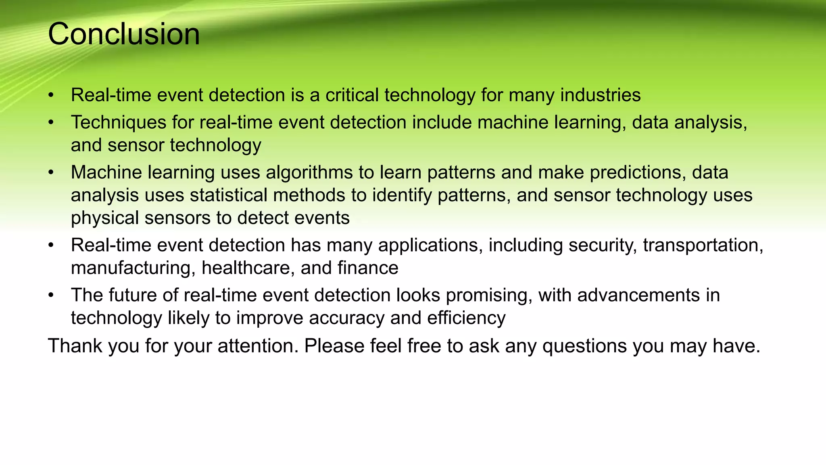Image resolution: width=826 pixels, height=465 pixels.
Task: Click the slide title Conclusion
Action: (x=124, y=34)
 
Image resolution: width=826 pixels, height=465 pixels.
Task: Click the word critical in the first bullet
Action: (x=352, y=95)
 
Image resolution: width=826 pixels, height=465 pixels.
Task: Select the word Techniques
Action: (x=119, y=123)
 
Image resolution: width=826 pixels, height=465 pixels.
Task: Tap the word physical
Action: (x=105, y=218)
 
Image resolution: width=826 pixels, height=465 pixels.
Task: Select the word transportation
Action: (x=703, y=245)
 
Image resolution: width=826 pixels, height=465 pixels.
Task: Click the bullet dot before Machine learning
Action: (x=51, y=173)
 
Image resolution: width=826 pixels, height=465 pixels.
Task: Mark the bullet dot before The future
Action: (x=51, y=295)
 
